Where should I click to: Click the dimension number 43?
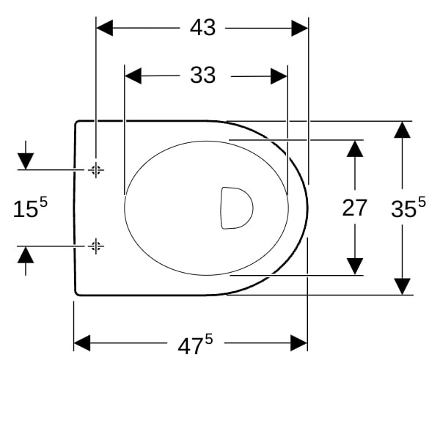coord(202,28)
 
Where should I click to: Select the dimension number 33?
coord(202,75)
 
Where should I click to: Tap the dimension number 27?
coord(354,208)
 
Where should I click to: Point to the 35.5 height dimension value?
coord(408,207)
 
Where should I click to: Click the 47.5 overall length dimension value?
coord(195,344)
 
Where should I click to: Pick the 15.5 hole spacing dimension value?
coord(30,207)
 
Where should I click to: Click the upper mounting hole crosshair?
coord(96,170)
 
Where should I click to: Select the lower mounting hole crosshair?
coord(96,246)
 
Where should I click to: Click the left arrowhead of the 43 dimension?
coord(105,28)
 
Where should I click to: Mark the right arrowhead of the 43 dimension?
coord(300,28)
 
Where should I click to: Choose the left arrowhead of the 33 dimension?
coord(133,76)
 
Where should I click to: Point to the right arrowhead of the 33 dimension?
coord(279,76)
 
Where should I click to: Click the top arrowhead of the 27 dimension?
coord(355,149)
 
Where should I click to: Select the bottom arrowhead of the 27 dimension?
coord(355,266)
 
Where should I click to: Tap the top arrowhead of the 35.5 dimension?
coord(402,130)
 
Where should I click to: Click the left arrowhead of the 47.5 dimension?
coord(82,342)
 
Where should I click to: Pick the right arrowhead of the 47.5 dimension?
coord(299,342)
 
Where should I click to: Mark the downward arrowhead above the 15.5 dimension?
coord(26,161)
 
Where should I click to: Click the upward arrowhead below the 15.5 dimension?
coord(26,254)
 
